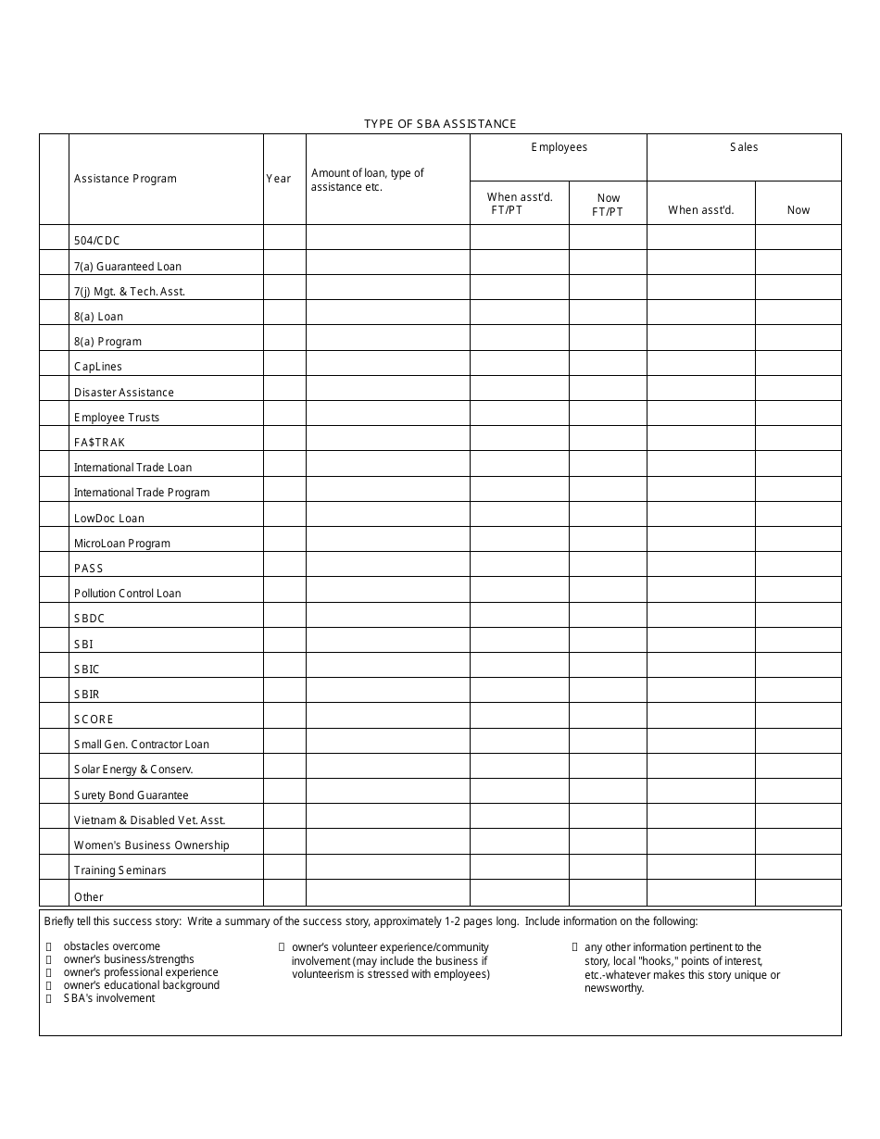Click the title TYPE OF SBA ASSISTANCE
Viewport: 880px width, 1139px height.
[440, 123]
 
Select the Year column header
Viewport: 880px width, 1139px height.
[279, 179]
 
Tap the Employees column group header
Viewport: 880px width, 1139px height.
[559, 147]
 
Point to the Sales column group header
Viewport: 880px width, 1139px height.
[744, 147]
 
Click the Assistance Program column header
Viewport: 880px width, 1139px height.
[125, 179]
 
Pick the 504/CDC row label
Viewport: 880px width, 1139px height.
[97, 241]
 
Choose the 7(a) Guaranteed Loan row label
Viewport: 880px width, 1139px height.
[128, 267]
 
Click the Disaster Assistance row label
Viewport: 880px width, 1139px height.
[124, 393]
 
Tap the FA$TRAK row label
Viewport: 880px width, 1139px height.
[99, 443]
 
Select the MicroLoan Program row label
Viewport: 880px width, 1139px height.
[122, 544]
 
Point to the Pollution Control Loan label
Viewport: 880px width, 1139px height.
[128, 594]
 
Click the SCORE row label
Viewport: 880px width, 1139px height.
[94, 720]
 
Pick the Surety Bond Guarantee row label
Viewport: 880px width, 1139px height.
[132, 795]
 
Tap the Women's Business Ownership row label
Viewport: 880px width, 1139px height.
[152, 845]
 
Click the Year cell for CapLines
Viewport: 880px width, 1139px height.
[284, 363]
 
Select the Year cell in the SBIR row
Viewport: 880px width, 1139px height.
[284, 691]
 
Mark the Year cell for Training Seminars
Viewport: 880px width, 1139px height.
[284, 867]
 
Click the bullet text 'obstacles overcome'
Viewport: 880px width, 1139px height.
[112, 946]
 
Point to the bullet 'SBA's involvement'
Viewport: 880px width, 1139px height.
[109, 998]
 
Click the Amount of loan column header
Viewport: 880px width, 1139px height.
[368, 180]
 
